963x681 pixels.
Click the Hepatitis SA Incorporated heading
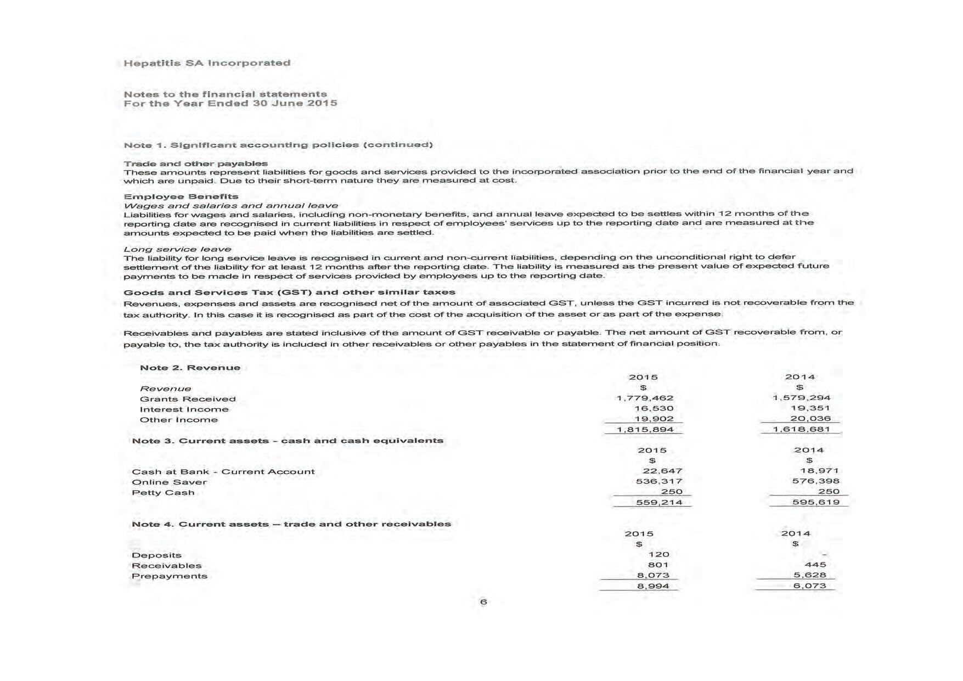[x=207, y=63]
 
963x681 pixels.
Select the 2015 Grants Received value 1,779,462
[x=645, y=398]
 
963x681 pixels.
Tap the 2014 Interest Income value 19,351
[x=810, y=408]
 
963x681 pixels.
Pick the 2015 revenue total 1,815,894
[x=645, y=430]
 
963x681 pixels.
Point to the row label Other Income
[x=178, y=420]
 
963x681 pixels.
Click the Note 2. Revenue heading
[x=190, y=368]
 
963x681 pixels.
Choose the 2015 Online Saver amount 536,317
[x=658, y=481]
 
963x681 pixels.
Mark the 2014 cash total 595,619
[x=815, y=502]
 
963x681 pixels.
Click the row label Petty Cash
[x=163, y=493]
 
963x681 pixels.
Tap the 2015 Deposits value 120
[x=658, y=555]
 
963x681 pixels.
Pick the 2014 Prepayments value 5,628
[x=809, y=575]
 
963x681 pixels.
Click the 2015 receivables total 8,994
[x=652, y=586]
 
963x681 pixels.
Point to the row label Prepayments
[x=169, y=576]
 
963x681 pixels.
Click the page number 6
[x=483, y=602]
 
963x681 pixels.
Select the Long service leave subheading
[x=177, y=249]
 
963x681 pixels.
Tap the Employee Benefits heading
[x=181, y=196]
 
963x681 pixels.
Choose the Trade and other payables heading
[x=195, y=164]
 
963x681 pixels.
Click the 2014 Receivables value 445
[x=815, y=565]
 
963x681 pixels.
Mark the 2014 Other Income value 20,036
[x=810, y=419]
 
